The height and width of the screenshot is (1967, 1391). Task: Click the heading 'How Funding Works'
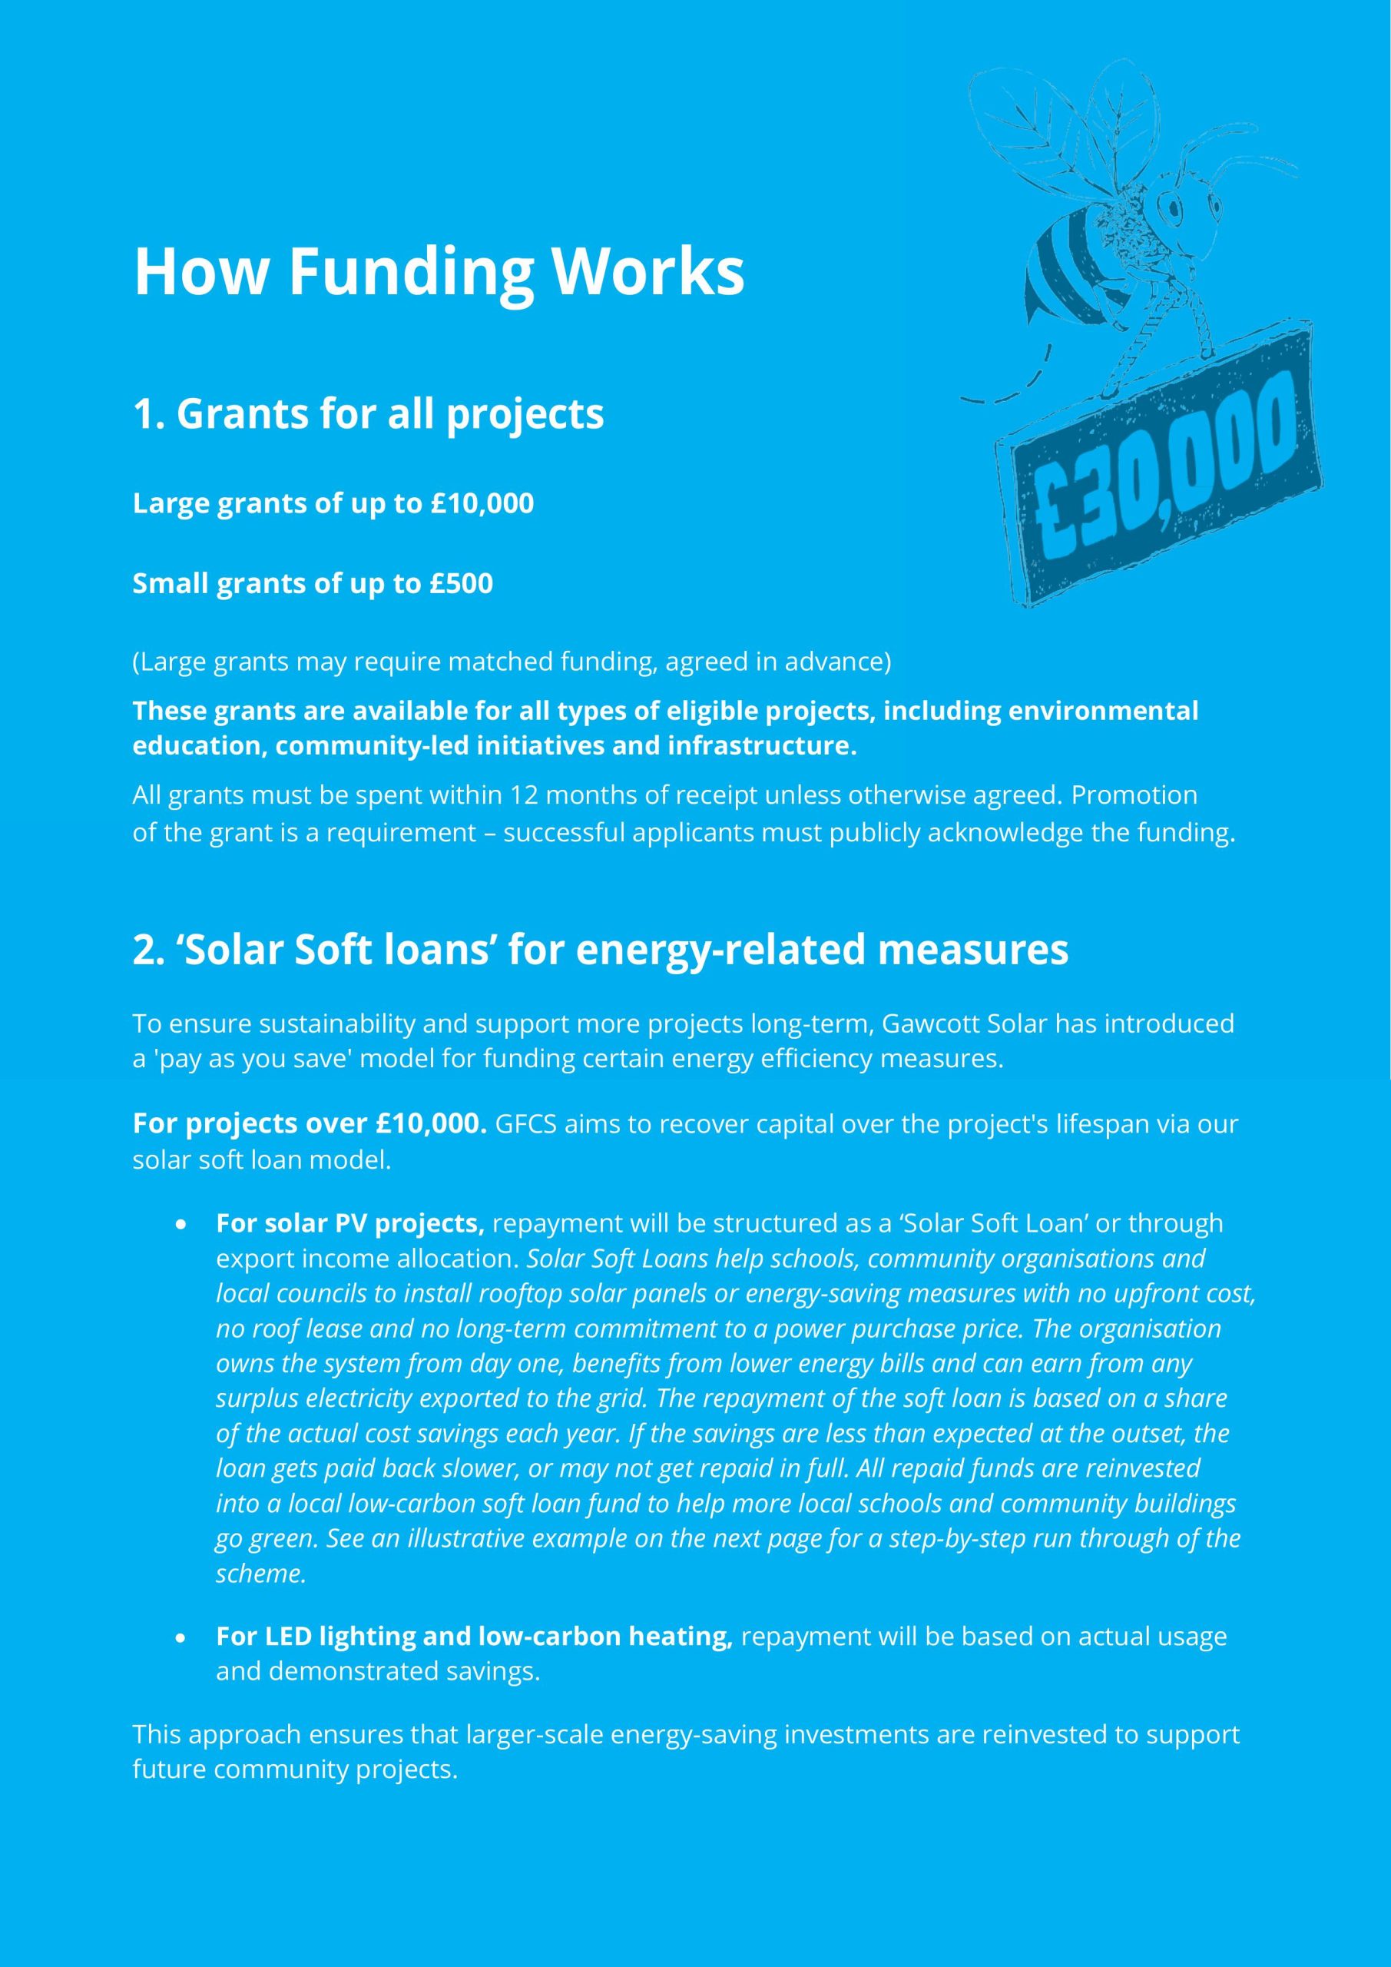pos(439,271)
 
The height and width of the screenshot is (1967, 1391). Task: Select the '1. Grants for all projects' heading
pos(369,414)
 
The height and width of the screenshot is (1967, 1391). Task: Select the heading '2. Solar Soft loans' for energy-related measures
pos(601,949)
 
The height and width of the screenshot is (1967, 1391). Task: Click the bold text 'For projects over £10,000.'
pos(310,1123)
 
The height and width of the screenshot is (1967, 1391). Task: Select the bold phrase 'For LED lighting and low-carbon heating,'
pos(474,1637)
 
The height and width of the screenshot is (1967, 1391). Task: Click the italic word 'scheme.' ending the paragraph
pos(260,1574)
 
